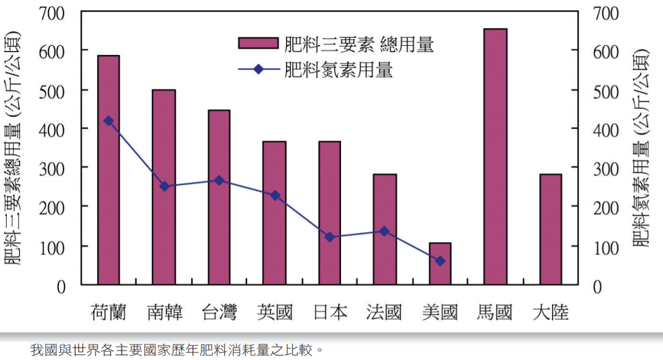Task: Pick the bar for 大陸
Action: [x=550, y=229]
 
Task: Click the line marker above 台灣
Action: [x=219, y=180]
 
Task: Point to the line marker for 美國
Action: [x=440, y=261]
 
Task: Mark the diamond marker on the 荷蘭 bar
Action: [x=108, y=121]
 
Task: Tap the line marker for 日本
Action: [x=329, y=237]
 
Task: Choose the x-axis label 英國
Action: [x=275, y=312]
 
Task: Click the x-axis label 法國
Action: [x=384, y=312]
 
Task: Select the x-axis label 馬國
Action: [x=495, y=312]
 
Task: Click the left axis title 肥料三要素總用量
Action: [x=15, y=149]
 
